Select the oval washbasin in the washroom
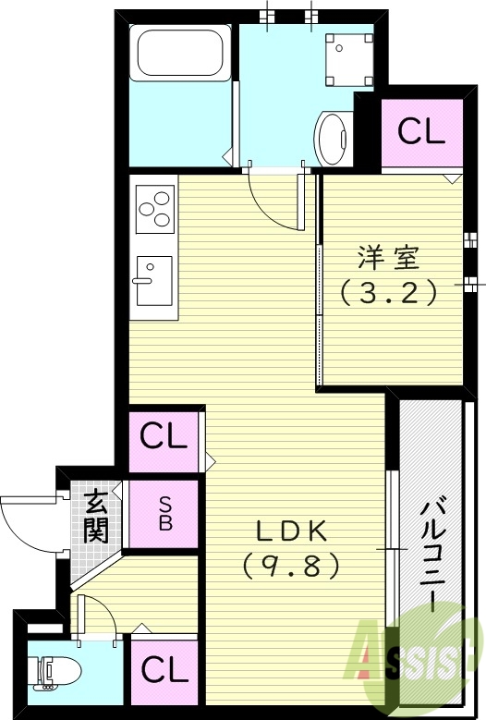coord(332,138)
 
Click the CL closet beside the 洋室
coord(421,131)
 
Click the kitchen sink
coord(153,279)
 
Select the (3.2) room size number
coord(386,293)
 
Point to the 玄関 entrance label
coord(95,517)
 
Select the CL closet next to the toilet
coord(164,668)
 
